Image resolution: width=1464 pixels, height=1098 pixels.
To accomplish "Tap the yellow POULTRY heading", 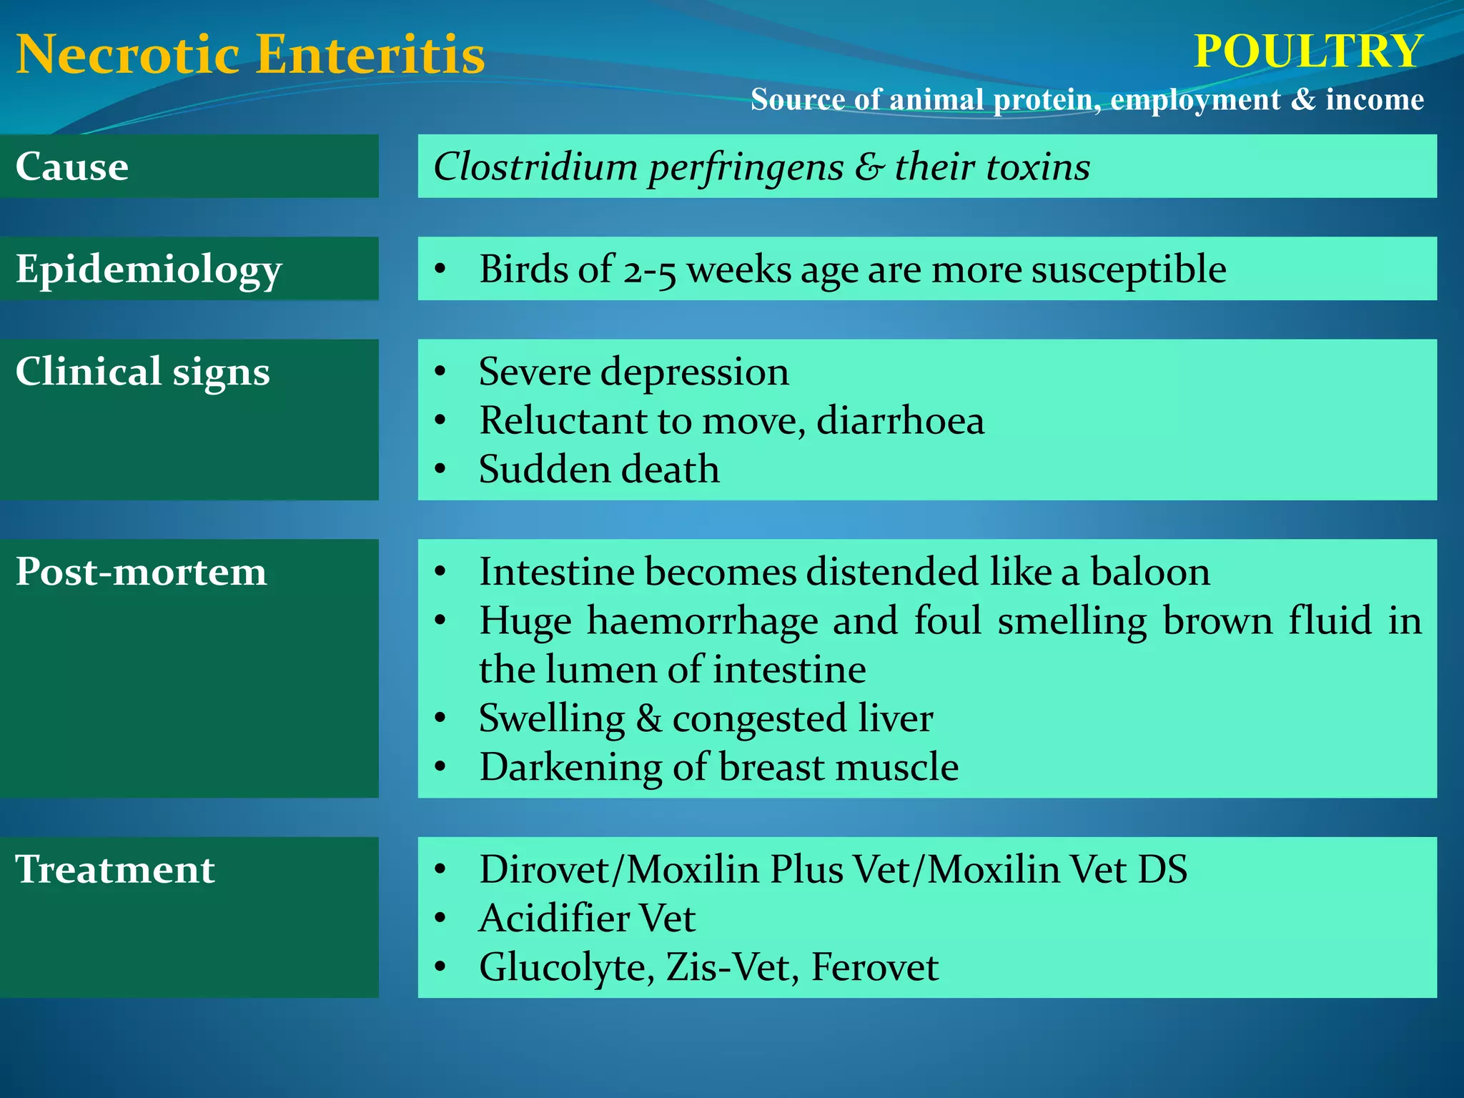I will [x=1308, y=51].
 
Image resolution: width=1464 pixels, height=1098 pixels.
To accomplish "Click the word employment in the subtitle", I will [x=1195, y=99].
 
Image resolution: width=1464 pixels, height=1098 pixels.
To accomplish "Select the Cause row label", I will [x=72, y=167].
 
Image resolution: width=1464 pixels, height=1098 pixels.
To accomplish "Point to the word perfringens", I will [x=746, y=168].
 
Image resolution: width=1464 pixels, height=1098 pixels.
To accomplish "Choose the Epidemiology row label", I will [x=149, y=270].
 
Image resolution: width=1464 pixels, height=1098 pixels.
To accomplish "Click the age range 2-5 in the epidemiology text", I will [x=649, y=271].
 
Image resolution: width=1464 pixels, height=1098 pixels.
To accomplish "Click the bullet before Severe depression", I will [x=440, y=372].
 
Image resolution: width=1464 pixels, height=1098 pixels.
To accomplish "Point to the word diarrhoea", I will [x=900, y=420].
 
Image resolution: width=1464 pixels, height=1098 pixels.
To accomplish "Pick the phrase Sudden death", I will [x=599, y=470].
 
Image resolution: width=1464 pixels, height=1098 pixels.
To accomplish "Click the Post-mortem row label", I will [x=141, y=572].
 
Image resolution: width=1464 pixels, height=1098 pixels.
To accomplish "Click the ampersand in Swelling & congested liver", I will [x=648, y=718].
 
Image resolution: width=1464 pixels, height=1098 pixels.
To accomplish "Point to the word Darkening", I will [x=570, y=767].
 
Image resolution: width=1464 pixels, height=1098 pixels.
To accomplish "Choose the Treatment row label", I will [x=115, y=870].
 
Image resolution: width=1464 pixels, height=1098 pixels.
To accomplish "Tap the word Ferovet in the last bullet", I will [x=874, y=967].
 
